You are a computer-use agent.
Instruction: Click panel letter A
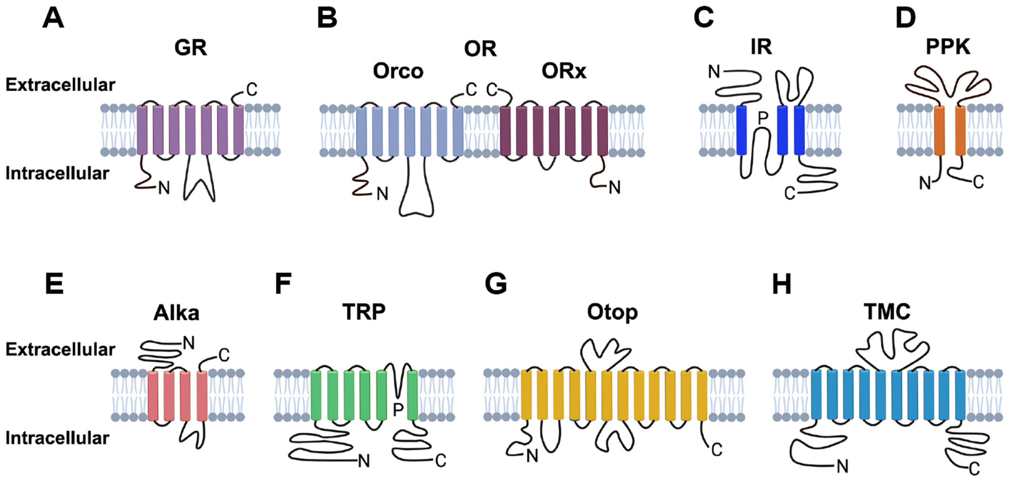(x=53, y=19)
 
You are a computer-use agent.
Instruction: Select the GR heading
(x=191, y=48)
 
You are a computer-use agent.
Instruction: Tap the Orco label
(x=398, y=71)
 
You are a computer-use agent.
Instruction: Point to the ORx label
(x=564, y=71)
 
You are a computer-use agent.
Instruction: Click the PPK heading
(x=948, y=47)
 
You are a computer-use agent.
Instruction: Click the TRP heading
(x=364, y=312)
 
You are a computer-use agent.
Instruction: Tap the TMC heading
(x=887, y=312)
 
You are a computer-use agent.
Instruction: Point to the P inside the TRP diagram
(x=398, y=410)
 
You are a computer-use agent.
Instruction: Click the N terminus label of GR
(x=164, y=188)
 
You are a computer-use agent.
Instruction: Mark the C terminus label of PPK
(x=978, y=182)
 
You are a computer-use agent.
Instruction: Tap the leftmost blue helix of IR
(x=741, y=130)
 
